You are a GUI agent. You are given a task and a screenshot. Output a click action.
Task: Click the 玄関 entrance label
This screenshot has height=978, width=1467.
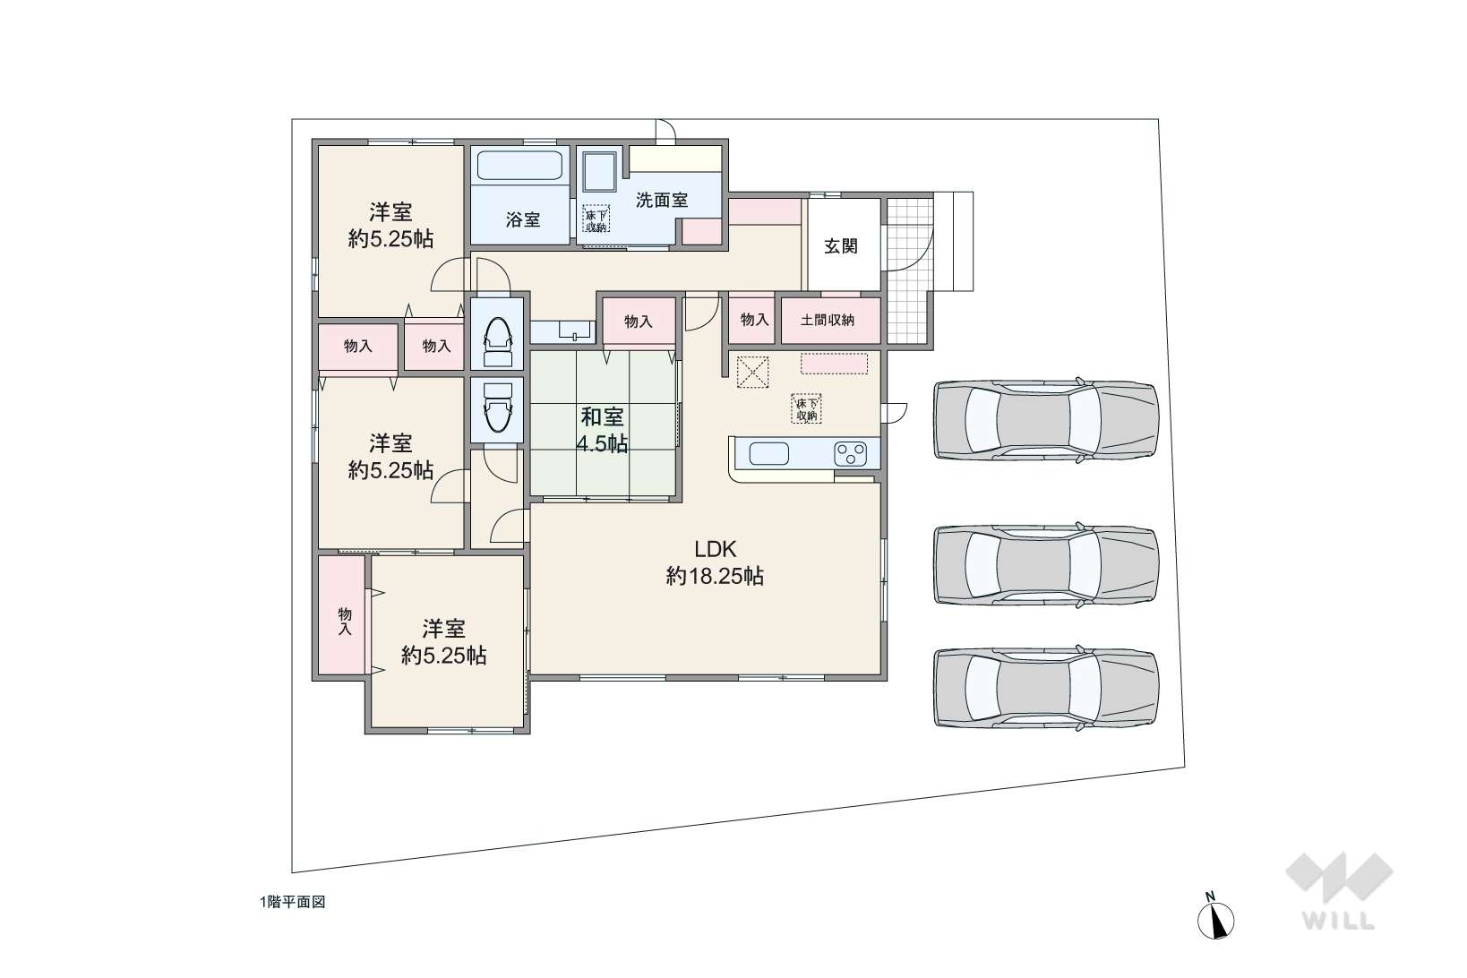click(x=840, y=246)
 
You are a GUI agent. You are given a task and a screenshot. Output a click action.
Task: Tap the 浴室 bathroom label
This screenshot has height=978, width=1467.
click(x=523, y=219)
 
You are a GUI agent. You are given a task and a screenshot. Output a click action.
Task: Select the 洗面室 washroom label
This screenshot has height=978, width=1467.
click(x=662, y=200)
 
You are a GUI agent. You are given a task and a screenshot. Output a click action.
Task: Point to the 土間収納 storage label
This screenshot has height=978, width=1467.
click(x=828, y=320)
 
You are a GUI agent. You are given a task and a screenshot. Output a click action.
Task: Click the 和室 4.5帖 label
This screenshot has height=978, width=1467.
click(x=602, y=430)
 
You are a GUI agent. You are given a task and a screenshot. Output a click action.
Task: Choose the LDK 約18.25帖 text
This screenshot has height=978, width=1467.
click(x=715, y=562)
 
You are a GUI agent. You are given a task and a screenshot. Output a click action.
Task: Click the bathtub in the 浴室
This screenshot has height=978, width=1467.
click(x=519, y=166)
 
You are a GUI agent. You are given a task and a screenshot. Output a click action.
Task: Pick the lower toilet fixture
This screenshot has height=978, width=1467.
click(x=497, y=407)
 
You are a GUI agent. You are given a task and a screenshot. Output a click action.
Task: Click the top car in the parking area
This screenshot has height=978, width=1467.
click(x=1046, y=418)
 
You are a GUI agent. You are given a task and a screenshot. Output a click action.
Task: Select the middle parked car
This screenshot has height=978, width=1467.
click(x=1046, y=564)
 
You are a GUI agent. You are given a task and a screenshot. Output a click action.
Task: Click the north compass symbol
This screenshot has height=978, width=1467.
click(x=1215, y=917)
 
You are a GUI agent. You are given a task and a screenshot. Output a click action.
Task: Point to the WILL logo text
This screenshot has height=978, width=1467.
click(x=1338, y=921)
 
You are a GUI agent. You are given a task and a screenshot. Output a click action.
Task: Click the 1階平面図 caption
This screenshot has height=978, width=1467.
click(x=293, y=902)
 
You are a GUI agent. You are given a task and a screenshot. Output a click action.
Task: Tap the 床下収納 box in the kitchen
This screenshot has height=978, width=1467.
click(x=806, y=408)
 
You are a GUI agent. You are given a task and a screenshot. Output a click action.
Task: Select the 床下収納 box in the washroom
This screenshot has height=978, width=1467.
click(x=596, y=219)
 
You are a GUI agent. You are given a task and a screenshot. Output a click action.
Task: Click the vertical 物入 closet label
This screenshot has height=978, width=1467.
click(x=345, y=622)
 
